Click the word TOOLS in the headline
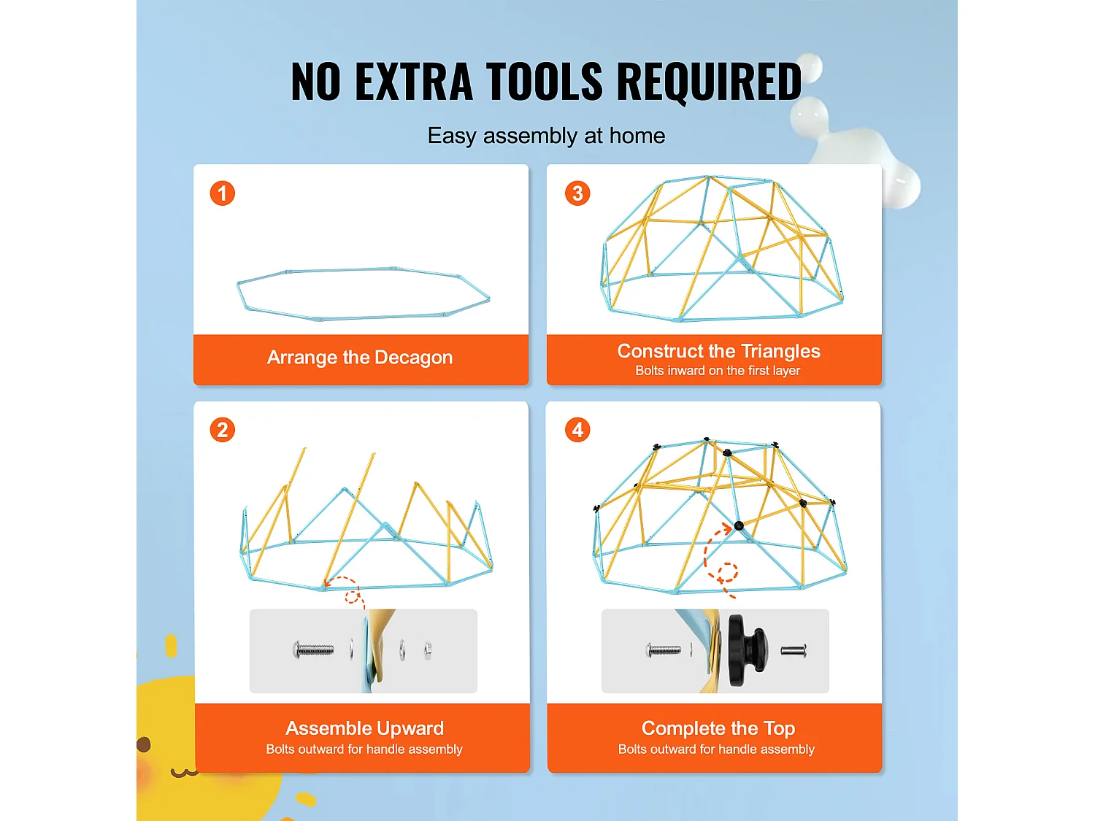(545, 81)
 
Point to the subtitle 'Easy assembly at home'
(546, 136)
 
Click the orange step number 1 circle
(223, 193)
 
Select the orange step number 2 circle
(223, 430)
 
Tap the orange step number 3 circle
(577, 193)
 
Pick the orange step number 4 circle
(577, 430)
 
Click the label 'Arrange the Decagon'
(360, 358)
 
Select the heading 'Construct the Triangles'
(718, 351)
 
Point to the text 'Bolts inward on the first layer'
(718, 371)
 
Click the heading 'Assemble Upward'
(364, 728)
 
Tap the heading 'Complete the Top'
(718, 728)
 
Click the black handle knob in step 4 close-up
(748, 650)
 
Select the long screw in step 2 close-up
(313, 650)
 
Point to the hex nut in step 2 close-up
(428, 650)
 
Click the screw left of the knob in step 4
(663, 650)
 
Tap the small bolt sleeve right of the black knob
(794, 650)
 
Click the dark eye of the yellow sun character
(144, 744)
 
